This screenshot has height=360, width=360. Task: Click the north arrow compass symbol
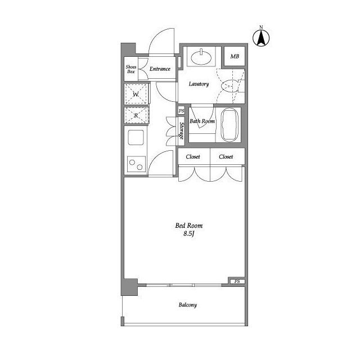click(x=262, y=37)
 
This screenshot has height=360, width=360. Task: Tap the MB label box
click(x=235, y=57)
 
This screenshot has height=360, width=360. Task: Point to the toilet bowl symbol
click(x=230, y=86)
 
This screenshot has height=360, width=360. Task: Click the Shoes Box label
click(x=130, y=69)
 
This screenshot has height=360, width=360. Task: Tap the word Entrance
click(x=160, y=69)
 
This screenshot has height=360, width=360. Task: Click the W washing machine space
click(x=136, y=94)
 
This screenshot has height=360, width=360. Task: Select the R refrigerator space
click(x=136, y=115)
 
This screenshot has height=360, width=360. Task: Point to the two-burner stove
click(x=136, y=164)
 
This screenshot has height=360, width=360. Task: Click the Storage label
click(x=182, y=131)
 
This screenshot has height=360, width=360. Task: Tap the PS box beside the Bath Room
click(x=182, y=111)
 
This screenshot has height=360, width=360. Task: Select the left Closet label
click(x=193, y=157)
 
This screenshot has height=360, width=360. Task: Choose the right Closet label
click(x=226, y=157)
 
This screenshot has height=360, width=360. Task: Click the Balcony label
click(x=188, y=305)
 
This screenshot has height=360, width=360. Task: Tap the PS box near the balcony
click(x=237, y=281)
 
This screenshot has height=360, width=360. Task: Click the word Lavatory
click(x=199, y=84)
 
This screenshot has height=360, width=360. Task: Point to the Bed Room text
click(x=188, y=226)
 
